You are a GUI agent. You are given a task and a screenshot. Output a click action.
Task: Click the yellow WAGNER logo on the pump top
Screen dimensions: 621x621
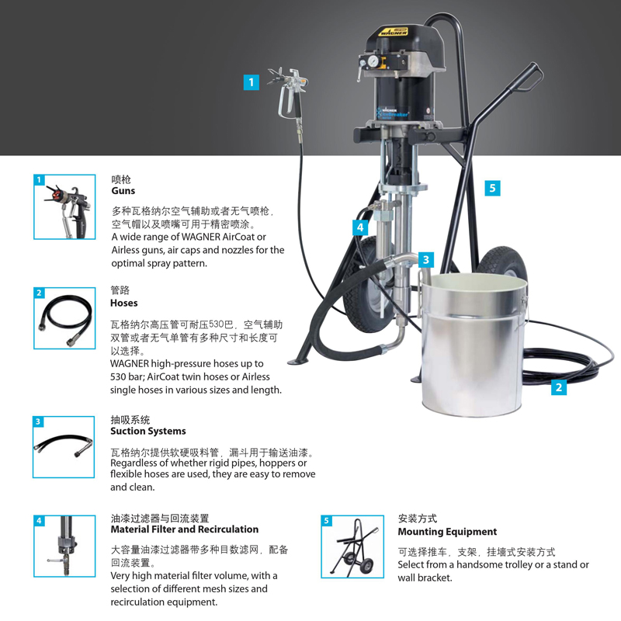(x=394, y=31)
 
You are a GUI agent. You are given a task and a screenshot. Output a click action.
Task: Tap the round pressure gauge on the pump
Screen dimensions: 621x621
(x=373, y=61)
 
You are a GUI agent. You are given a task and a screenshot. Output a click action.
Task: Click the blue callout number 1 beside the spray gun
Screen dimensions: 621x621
(x=251, y=82)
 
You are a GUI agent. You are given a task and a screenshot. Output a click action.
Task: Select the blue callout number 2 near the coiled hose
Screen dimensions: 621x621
(x=558, y=387)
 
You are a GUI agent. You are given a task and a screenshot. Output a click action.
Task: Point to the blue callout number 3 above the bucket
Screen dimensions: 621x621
(x=425, y=260)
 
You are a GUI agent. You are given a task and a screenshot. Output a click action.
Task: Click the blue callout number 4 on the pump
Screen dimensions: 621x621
(x=360, y=227)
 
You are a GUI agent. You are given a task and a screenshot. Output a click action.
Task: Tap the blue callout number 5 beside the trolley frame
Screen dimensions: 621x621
(x=492, y=188)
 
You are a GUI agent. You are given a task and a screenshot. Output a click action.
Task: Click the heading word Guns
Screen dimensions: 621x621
(x=123, y=190)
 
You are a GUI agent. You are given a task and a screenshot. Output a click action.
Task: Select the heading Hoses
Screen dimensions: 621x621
(x=124, y=303)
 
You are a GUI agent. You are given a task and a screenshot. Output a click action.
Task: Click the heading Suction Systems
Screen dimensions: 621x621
(x=148, y=431)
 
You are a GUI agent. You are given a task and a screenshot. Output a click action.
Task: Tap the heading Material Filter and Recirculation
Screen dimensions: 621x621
(x=185, y=529)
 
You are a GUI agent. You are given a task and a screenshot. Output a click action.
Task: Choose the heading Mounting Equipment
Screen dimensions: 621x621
(x=447, y=532)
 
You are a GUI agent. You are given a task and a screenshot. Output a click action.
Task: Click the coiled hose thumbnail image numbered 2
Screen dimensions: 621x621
(x=64, y=318)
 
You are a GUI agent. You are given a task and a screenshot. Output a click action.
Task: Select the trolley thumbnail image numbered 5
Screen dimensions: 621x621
(x=352, y=546)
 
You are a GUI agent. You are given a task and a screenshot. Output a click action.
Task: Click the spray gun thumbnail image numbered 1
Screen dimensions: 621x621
(x=64, y=206)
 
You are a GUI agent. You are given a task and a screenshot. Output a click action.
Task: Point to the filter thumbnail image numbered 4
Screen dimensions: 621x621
(x=64, y=546)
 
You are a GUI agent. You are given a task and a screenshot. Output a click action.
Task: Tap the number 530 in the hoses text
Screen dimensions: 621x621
(x=217, y=324)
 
